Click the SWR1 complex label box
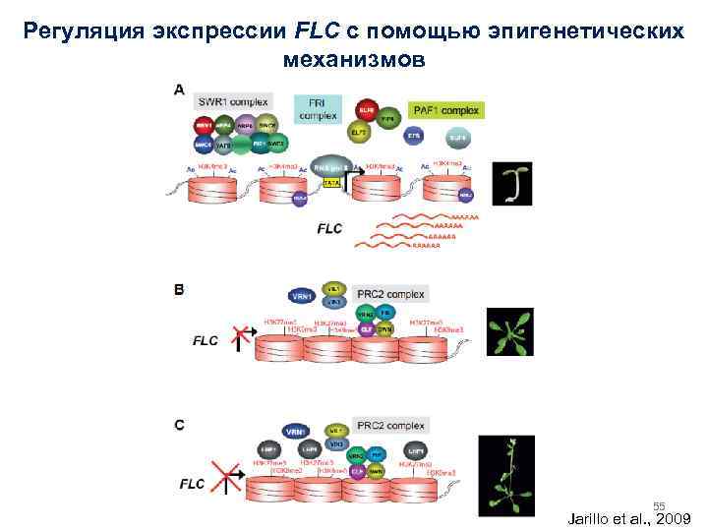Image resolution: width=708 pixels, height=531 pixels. point(228,100)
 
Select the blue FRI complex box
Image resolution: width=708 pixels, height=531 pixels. point(318,107)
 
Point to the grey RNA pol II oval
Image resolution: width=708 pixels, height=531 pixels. point(331,164)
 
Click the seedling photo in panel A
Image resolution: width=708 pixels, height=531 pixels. point(512,182)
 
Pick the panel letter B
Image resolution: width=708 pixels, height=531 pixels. point(179,289)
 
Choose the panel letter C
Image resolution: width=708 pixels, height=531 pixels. point(179,425)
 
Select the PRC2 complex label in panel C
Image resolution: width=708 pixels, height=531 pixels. point(390,426)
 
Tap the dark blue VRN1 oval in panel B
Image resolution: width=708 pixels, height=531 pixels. point(304,295)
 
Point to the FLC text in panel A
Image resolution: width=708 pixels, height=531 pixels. point(330,228)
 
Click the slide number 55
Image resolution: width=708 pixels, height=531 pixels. point(660,503)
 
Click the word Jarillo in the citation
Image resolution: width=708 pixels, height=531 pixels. point(593,517)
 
